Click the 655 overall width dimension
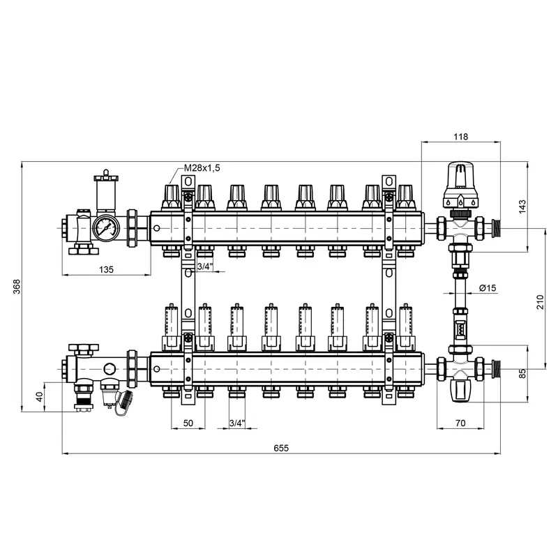281,448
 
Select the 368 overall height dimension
17,287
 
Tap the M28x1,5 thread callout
202,167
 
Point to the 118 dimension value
461,137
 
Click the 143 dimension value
522,206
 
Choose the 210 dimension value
540,302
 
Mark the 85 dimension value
522,373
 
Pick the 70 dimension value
460,423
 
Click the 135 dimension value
106,269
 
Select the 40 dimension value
40,396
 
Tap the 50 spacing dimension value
188,423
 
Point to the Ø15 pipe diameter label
488,288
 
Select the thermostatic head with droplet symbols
460,185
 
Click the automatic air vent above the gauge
106,191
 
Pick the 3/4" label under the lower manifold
237,423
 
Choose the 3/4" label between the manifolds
204,266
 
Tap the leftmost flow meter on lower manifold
172,327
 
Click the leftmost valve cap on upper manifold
172,197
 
